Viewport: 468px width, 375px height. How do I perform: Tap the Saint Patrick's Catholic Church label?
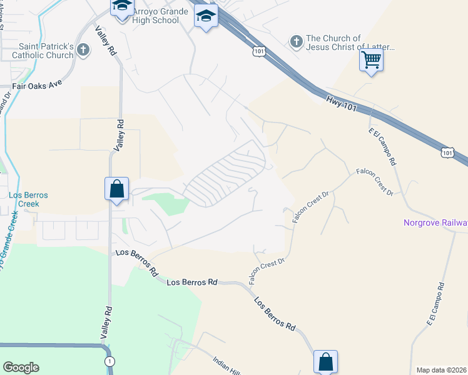pos(46,51)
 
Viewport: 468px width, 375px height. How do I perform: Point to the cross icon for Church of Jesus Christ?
pos(296,42)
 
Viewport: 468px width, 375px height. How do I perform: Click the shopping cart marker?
pos(372,61)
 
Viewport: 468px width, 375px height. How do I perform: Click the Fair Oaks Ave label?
pos(39,86)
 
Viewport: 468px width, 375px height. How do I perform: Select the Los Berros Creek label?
pos(28,199)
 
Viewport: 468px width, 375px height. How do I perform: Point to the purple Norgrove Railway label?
pos(435,222)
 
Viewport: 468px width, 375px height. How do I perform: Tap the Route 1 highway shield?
pos(110,361)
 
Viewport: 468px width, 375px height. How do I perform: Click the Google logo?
pos(21,367)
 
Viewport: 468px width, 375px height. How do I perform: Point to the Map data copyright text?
pos(442,370)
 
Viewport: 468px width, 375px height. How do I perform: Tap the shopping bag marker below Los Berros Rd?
pos(325,361)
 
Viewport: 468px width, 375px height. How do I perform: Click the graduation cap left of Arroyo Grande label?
pos(121,7)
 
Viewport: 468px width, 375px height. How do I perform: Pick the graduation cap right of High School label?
pos(205,16)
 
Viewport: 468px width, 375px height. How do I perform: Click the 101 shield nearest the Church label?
pos(260,50)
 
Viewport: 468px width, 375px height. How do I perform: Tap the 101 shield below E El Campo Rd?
pos(447,152)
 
